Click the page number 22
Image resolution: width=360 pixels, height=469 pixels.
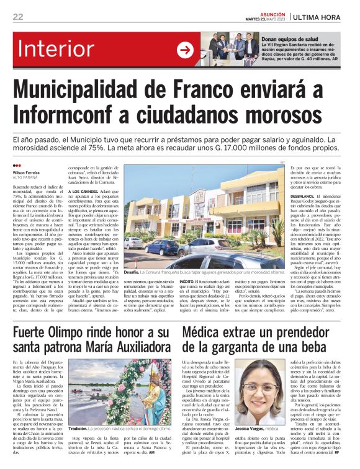[18, 17]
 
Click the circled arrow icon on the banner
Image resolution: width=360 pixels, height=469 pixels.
[184, 50]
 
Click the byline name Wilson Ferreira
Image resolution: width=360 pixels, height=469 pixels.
[26, 172]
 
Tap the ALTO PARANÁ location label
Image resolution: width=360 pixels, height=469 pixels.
[25, 179]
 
